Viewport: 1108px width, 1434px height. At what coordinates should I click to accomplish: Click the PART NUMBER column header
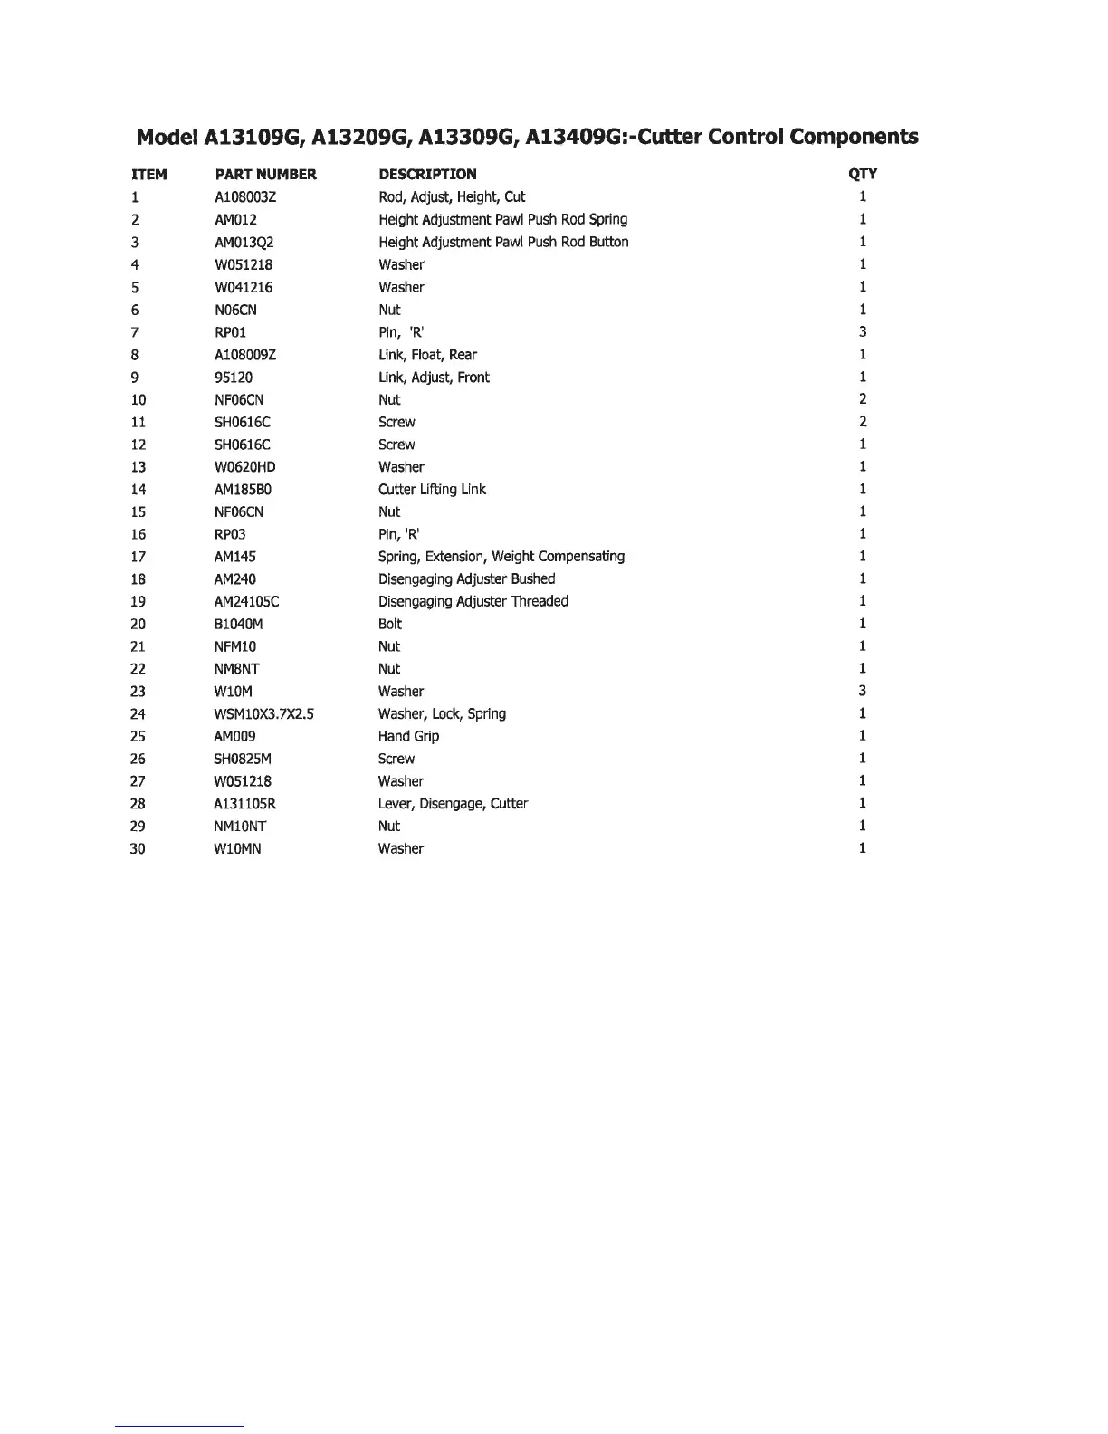tap(265, 175)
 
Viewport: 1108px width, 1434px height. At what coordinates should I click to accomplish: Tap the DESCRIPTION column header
tap(427, 175)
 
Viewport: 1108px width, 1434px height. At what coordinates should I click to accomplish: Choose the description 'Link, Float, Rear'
tap(427, 355)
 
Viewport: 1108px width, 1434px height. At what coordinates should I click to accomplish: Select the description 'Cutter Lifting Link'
tap(432, 490)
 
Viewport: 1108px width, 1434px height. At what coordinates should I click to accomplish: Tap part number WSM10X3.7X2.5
tap(264, 714)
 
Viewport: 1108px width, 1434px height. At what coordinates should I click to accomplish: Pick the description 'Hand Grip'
tap(408, 737)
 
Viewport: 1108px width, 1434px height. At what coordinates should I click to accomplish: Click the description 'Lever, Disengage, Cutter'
tap(453, 804)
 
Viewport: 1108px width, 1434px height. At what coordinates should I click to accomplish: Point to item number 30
tap(138, 849)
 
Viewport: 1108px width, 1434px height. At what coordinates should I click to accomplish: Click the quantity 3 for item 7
tap(863, 332)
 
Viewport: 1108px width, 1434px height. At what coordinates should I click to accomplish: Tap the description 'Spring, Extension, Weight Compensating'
tap(501, 557)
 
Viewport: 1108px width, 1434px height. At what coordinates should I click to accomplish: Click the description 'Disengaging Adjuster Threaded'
tap(473, 602)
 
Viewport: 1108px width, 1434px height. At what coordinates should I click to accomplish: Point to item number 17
tap(138, 557)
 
